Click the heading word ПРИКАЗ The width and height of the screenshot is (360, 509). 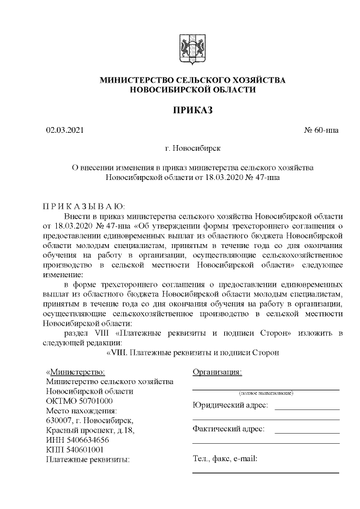tap(192, 110)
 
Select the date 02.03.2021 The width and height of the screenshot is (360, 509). tap(65, 130)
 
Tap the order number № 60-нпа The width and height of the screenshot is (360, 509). tap(322, 130)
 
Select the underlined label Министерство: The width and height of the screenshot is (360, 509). tap(75, 372)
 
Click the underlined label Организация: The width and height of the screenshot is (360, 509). tap(217, 372)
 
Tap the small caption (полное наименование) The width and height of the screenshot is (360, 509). tap(265, 393)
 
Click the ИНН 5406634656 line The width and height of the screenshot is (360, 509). tap(77, 440)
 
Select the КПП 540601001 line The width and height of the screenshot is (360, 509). tap(74, 449)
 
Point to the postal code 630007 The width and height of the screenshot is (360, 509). tap(58, 421)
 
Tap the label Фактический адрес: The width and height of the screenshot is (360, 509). tap(228, 430)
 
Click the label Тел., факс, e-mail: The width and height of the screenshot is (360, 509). tap(225, 459)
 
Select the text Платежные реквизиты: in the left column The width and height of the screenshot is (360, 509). tap(87, 459)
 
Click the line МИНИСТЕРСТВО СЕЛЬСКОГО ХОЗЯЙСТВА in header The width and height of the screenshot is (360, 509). tap(192, 80)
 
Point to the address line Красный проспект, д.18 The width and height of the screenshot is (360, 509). tap(90, 430)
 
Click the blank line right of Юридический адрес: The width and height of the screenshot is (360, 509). tap(307, 408)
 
